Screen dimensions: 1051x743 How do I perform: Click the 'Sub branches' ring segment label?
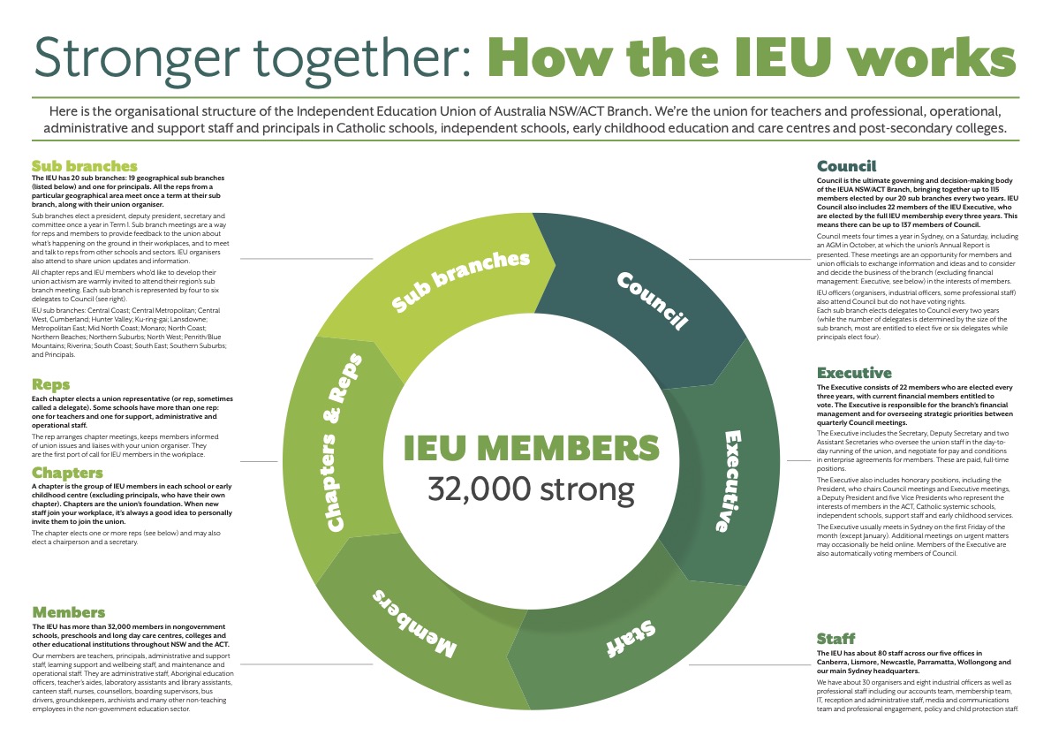[461, 282]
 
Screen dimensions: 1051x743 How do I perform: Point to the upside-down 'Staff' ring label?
[631, 639]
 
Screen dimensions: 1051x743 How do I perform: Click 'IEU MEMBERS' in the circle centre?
[531, 448]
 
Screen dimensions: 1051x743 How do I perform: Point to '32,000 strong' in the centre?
[531, 489]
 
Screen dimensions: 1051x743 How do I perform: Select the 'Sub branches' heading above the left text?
[85, 165]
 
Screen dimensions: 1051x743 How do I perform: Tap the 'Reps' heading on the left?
[51, 384]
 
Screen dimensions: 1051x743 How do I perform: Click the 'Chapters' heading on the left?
[67, 473]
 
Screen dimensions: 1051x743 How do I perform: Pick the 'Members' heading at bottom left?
[68, 612]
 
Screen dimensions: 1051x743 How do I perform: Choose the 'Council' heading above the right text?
[847, 166]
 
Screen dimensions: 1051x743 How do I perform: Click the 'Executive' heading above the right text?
[854, 373]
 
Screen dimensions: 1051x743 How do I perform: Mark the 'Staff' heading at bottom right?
[836, 639]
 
